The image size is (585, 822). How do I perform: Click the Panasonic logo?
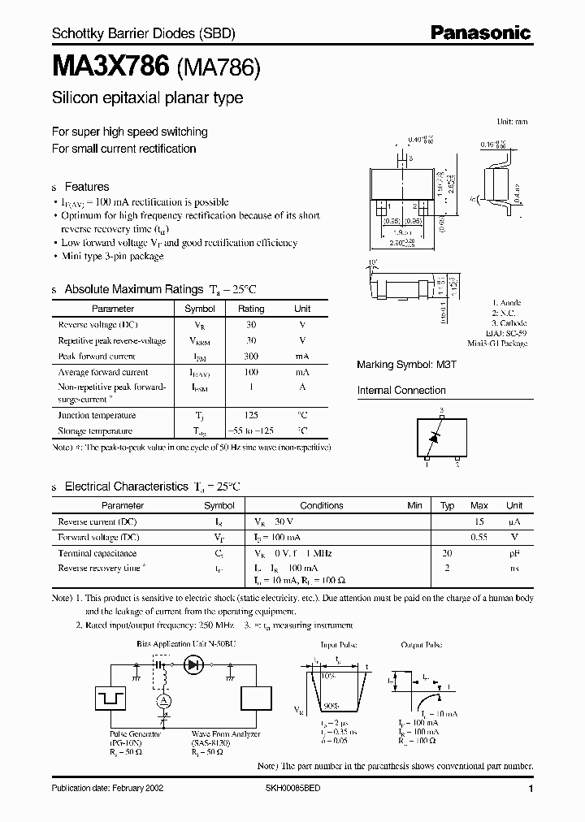[480, 33]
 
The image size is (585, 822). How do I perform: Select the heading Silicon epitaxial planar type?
[147, 98]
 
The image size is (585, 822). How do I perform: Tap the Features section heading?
[86, 186]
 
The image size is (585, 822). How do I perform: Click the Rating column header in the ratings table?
[251, 309]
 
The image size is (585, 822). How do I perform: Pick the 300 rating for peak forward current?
[251, 356]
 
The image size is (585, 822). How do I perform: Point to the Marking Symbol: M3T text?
[401, 365]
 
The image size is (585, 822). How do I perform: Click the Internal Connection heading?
[401, 391]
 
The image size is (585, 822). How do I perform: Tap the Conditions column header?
[322, 505]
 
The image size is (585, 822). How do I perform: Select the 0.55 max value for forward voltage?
[479, 537]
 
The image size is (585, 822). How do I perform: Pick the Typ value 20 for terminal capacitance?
[447, 552]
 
